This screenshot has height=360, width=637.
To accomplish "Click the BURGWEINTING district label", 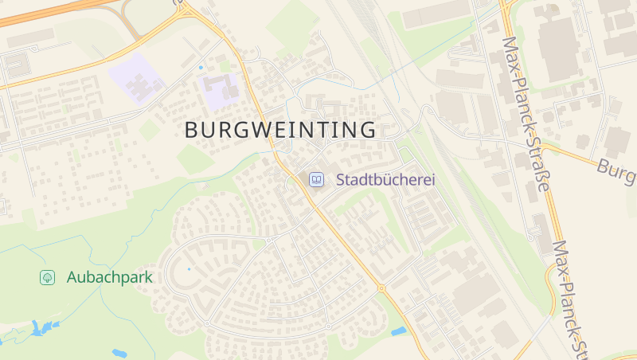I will pyautogui.click(x=280, y=130).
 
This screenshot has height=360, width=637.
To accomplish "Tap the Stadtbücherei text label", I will pyautogui.click(x=385, y=180).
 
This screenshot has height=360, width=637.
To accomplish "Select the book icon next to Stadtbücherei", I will pyautogui.click(x=317, y=180).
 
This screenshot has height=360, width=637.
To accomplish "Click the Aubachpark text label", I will pyautogui.click(x=109, y=277).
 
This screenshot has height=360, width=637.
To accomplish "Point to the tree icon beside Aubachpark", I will pyautogui.click(x=47, y=277).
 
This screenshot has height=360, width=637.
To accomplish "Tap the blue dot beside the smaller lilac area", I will pyautogui.click(x=201, y=68).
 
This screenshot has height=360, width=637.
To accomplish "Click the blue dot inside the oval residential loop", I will pyautogui.click(x=189, y=269).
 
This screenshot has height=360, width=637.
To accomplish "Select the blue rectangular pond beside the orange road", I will pyautogui.click(x=398, y=331).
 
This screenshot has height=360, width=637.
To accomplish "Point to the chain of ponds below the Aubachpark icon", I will pyautogui.click(x=44, y=329).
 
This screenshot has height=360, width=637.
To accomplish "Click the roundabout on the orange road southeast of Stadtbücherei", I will pyautogui.click(x=381, y=288).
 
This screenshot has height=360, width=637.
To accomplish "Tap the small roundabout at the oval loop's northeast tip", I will pyautogui.click(x=269, y=239).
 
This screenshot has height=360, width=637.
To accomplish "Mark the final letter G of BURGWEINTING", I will pyautogui.click(x=367, y=130).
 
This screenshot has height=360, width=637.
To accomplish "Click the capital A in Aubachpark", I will pyautogui.click(x=72, y=277).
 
